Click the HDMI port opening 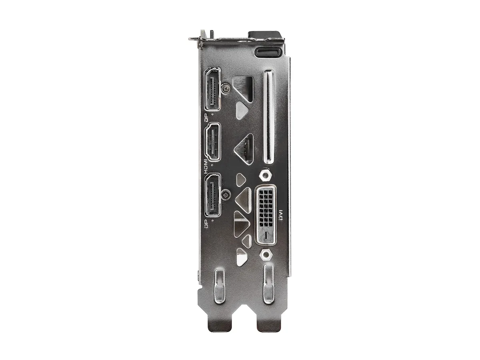212,142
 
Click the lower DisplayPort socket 212,195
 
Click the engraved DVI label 281,215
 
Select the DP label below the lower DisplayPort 206,224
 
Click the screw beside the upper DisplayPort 226,88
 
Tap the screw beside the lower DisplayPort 226,194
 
